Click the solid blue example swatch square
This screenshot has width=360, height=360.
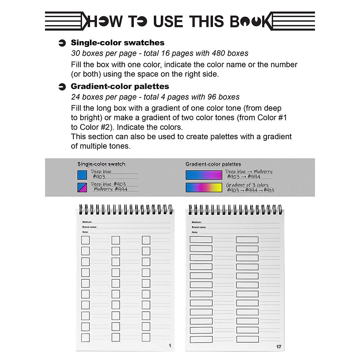click(82, 175)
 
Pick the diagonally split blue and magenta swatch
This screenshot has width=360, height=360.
click(82, 187)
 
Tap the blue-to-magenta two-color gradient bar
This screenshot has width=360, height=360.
click(204, 175)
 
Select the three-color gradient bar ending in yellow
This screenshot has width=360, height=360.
click(204, 187)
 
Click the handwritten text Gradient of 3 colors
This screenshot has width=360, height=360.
click(247, 185)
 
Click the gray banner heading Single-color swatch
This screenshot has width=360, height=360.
click(101, 164)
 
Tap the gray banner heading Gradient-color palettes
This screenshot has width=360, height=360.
click(213, 164)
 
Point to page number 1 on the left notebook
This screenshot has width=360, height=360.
click(170, 346)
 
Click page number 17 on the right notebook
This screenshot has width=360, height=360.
click(279, 346)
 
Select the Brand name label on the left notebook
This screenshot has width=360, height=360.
click(89, 227)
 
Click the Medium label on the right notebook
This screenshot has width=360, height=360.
click(196, 222)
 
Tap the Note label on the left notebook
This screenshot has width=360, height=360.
click(85, 232)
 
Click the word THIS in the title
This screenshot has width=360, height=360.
click(207, 21)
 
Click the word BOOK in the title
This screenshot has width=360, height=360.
click(251, 21)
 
